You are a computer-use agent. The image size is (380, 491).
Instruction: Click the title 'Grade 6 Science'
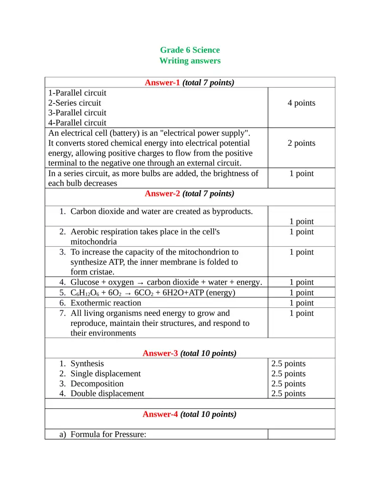(x=190, y=50)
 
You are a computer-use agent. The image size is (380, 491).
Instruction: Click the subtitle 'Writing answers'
(x=190, y=61)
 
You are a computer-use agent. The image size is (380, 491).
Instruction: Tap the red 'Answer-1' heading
(x=162, y=83)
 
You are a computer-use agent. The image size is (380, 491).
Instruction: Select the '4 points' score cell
(x=301, y=103)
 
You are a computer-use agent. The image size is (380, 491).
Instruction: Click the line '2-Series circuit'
(x=75, y=103)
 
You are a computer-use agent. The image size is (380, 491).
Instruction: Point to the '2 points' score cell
(x=301, y=143)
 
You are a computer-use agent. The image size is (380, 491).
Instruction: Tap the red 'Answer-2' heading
(x=161, y=194)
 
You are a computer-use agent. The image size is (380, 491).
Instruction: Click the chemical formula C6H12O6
(x=85, y=293)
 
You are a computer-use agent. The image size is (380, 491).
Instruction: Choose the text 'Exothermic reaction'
(x=105, y=303)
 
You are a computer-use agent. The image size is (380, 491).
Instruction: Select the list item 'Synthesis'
(x=87, y=364)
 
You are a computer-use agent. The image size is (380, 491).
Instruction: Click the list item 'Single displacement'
(x=105, y=374)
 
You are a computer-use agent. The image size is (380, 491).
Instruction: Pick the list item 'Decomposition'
(x=97, y=384)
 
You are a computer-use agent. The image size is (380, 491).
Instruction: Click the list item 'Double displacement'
(x=107, y=394)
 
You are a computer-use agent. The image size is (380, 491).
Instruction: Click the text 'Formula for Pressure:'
(x=108, y=434)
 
